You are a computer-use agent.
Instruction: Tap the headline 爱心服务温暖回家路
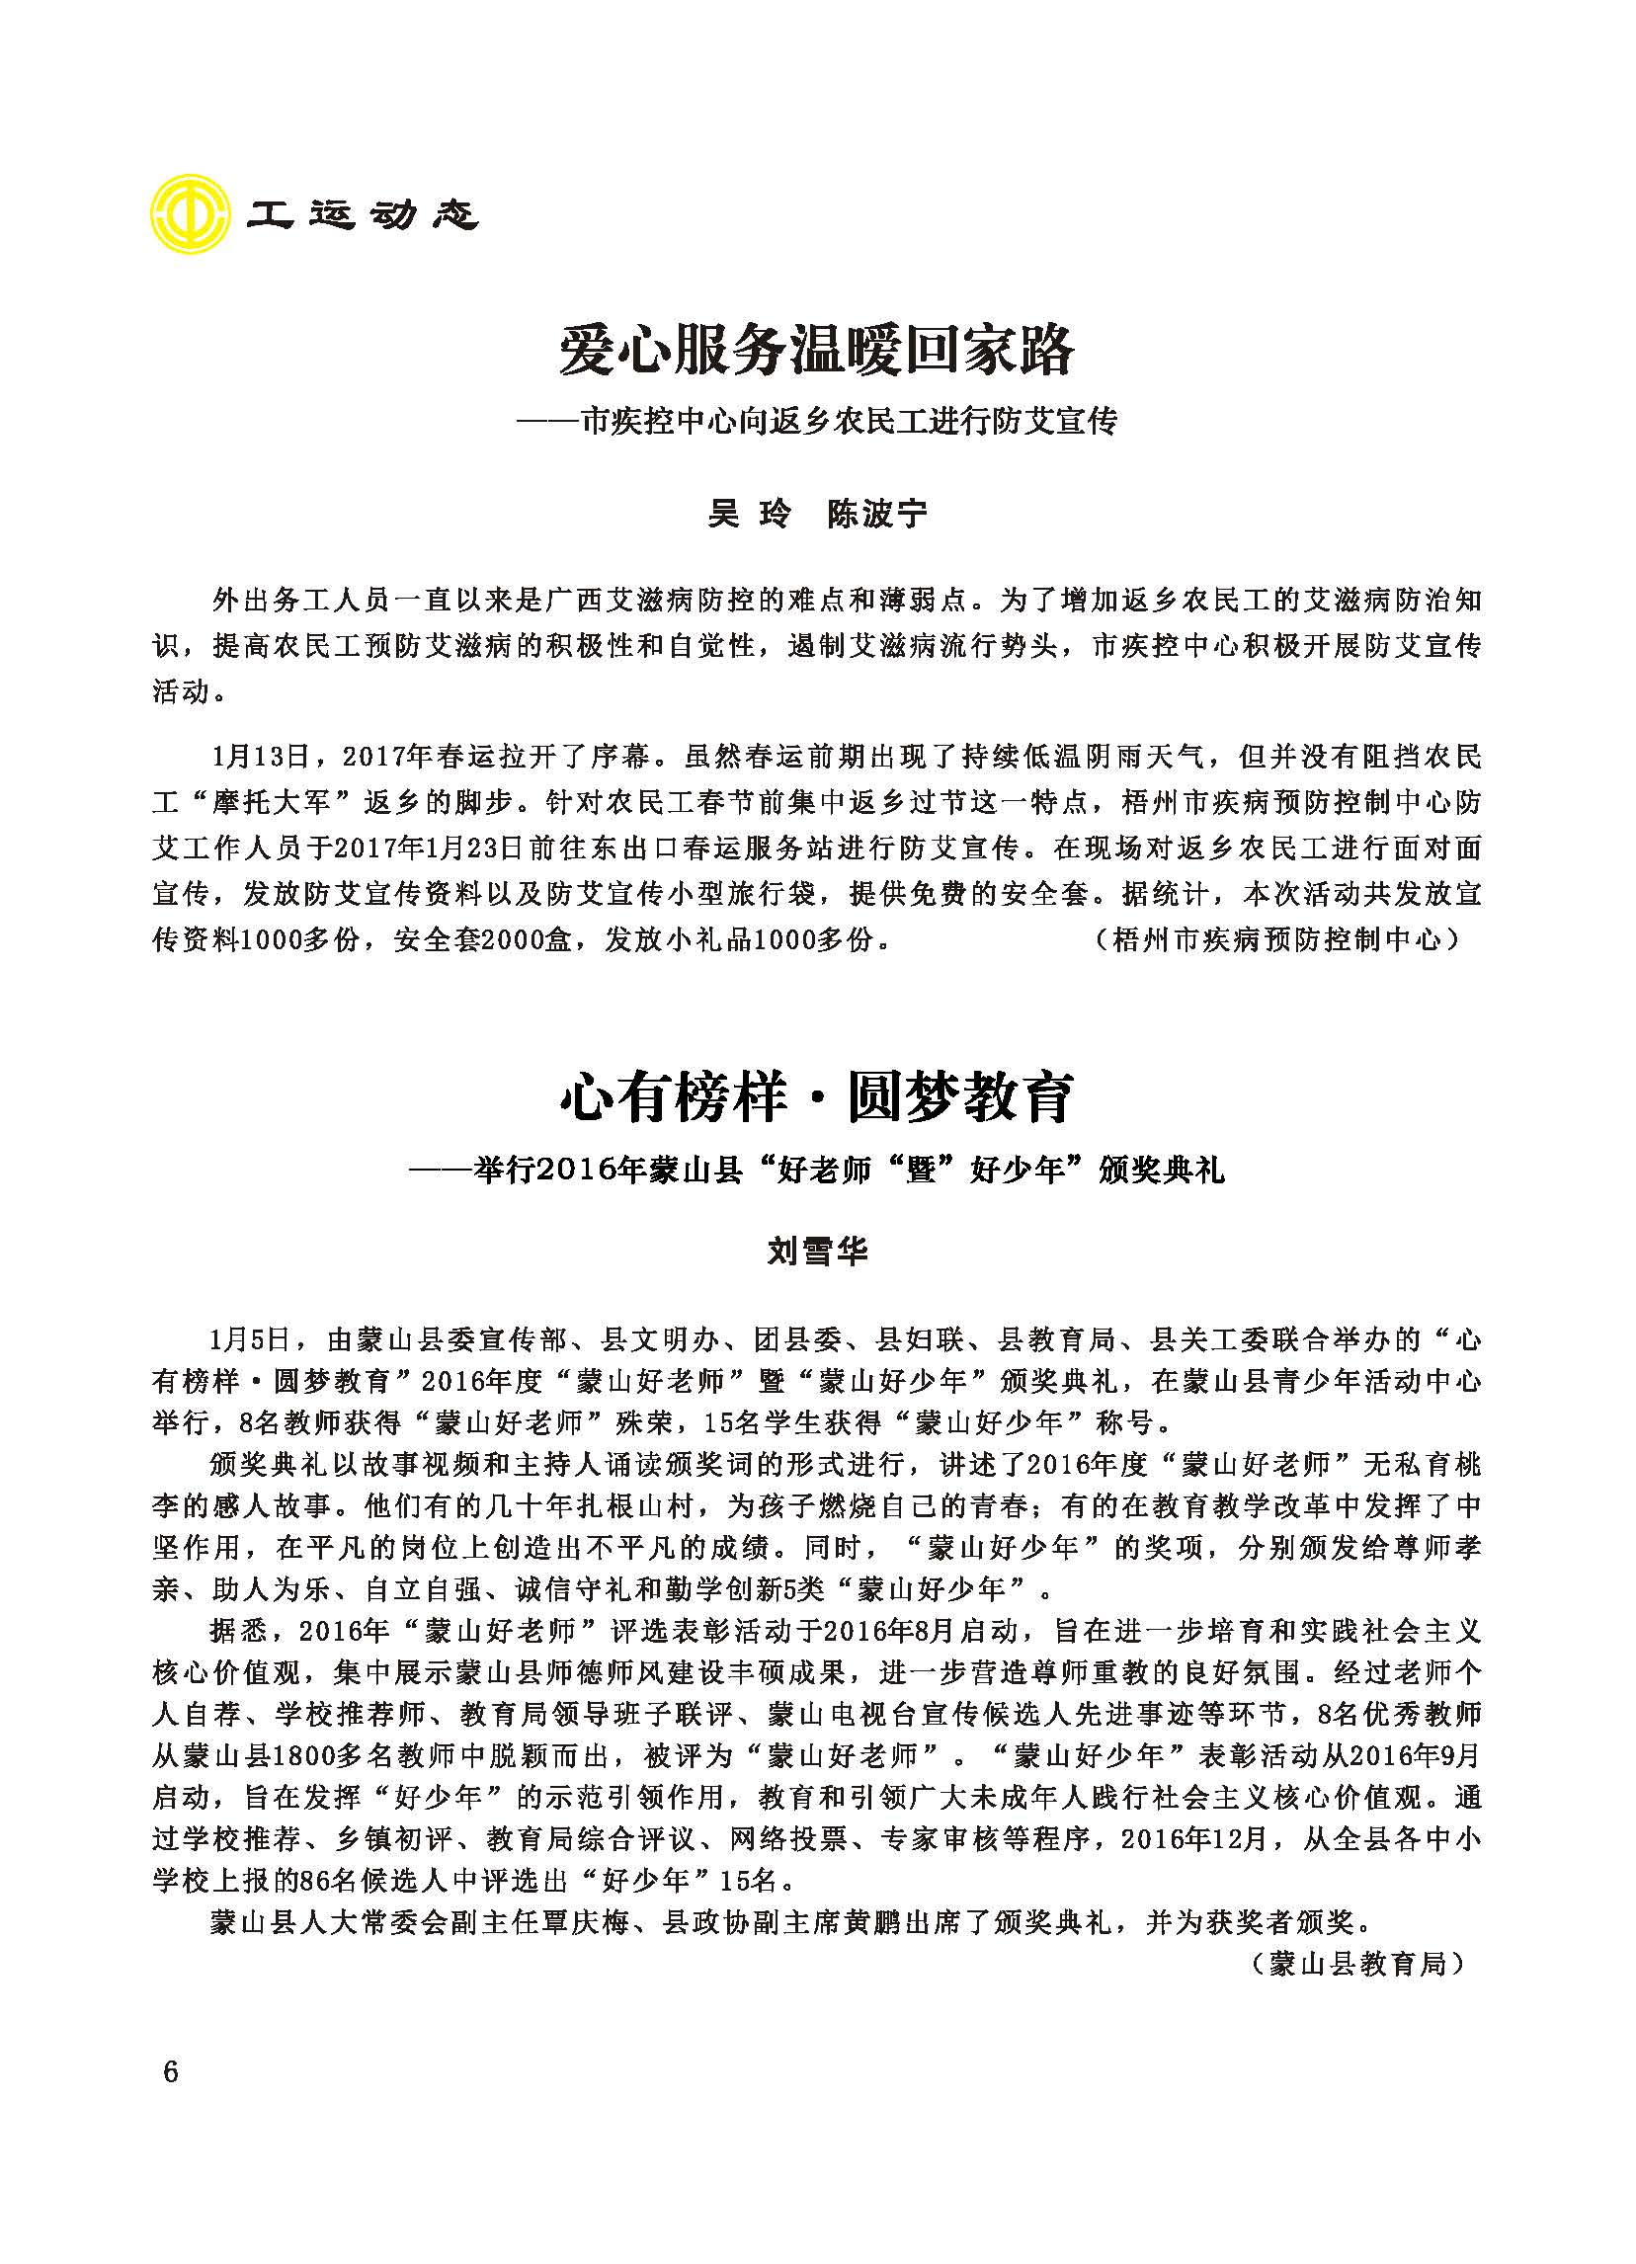pyautogui.click(x=816, y=351)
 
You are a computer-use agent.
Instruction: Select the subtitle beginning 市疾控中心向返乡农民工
pyautogui.click(x=849, y=421)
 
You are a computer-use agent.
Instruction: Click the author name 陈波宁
pyautogui.click(x=877, y=513)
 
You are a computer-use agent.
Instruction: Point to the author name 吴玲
pyautogui.click(x=750, y=513)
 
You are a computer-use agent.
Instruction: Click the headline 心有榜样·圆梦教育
pyautogui.click(x=816, y=1097)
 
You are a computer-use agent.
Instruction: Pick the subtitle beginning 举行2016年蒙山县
pyautogui.click(x=849, y=1169)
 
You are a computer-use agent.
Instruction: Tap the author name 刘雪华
pyautogui.click(x=817, y=1250)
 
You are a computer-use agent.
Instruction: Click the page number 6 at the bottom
pyautogui.click(x=170, y=2071)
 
